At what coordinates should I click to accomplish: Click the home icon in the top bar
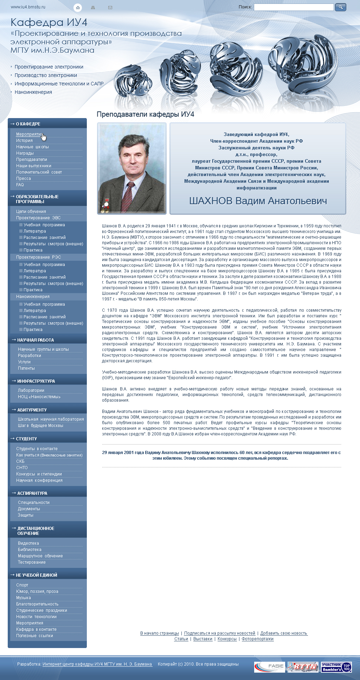pos(78,7)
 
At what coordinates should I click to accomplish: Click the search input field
pos(294,7)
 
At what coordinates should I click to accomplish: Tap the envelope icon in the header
pos(110,7)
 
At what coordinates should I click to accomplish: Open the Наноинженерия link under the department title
pos(33,92)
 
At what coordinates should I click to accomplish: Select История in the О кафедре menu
pos(24,141)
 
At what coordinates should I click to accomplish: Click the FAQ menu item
pos(20,185)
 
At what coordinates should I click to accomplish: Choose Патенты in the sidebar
pos(26,368)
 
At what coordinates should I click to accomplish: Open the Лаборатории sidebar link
pos(31,390)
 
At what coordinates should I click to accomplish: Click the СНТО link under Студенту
pos(22,468)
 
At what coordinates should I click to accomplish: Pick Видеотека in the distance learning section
pos(28,543)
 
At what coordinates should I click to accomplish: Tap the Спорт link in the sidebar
pos(22,585)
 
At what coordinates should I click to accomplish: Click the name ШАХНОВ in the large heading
pos(211,201)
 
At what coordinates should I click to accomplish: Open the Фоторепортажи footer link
pos(257,639)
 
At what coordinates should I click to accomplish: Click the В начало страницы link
pos(160,633)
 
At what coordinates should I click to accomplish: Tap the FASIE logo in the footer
pos(269,667)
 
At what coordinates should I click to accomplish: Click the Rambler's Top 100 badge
pos(336,667)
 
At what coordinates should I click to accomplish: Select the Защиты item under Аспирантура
pos(26,515)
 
